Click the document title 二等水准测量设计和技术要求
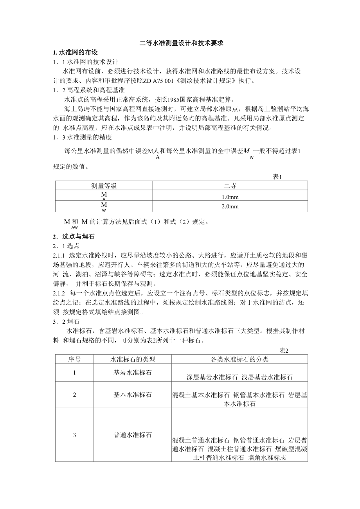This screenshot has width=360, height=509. pyautogui.click(x=181, y=43)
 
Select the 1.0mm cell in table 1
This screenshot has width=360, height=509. pyautogui.click(x=230, y=197)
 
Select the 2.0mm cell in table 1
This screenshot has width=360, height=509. pyautogui.click(x=230, y=207)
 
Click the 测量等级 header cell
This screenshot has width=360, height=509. pyautogui.click(x=104, y=186)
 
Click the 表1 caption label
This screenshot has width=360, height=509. pyautogui.click(x=277, y=177)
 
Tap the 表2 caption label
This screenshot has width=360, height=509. pyautogui.click(x=283, y=350)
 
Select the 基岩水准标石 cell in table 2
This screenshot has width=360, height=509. pyautogui.click(x=133, y=373)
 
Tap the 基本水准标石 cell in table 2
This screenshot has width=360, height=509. pyautogui.click(x=133, y=395)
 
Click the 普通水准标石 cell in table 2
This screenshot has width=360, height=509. pyautogui.click(x=133, y=435)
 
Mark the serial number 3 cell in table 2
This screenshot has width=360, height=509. pyautogui.click(x=74, y=435)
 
